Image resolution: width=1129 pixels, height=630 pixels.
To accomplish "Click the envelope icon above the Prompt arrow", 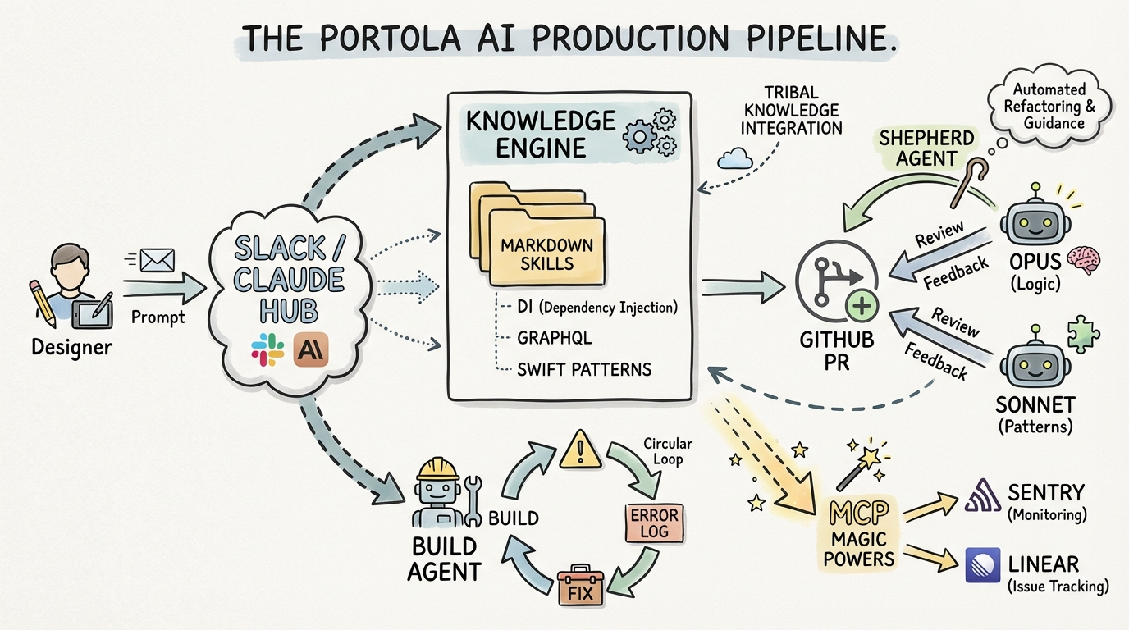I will pos(157,260).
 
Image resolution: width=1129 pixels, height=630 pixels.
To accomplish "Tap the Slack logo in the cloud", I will pos(267,350).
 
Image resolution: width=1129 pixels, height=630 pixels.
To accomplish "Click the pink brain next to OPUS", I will pos(1089,260).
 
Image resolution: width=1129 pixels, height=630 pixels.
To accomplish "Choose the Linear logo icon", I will pos(983,564).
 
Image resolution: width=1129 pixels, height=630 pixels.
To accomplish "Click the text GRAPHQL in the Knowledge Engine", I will pos(554,337).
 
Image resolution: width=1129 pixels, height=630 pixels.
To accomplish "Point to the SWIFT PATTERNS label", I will pos(584,369).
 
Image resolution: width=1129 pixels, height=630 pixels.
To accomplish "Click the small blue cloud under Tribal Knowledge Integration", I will pos(734,157).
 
